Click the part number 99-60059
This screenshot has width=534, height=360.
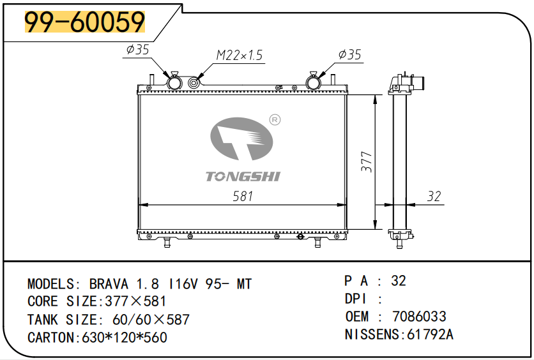(x=85, y=22)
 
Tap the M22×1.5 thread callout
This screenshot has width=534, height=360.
(x=240, y=55)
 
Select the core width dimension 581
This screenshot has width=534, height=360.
(x=243, y=196)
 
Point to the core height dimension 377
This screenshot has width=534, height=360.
(x=367, y=161)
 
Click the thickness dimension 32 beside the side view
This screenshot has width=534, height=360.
(x=434, y=197)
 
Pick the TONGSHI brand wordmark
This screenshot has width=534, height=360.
(x=243, y=176)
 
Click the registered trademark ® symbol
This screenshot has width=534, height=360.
(x=275, y=120)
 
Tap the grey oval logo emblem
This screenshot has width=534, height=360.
(x=241, y=139)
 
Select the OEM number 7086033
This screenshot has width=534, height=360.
(x=419, y=317)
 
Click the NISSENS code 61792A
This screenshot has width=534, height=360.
(x=430, y=334)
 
